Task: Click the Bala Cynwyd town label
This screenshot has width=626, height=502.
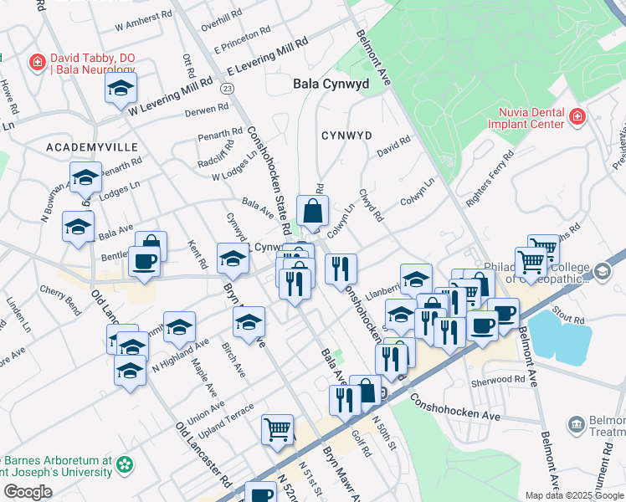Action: pyautogui.click(x=331, y=84)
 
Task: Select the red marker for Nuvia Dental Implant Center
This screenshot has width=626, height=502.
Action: pyautogui.click(x=577, y=117)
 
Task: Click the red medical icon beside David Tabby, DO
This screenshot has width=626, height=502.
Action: pyautogui.click(x=37, y=62)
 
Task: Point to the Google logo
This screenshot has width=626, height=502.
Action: pyautogui.click(x=28, y=492)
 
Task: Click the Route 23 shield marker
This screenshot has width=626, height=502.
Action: pyautogui.click(x=227, y=88)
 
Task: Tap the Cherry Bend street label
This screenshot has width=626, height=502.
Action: pyautogui.click(x=60, y=298)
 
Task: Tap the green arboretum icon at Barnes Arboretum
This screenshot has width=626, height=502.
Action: pyautogui.click(x=125, y=464)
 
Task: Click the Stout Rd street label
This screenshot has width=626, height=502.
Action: pyautogui.click(x=567, y=318)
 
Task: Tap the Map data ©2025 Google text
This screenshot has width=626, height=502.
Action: pyautogui.click(x=573, y=495)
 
